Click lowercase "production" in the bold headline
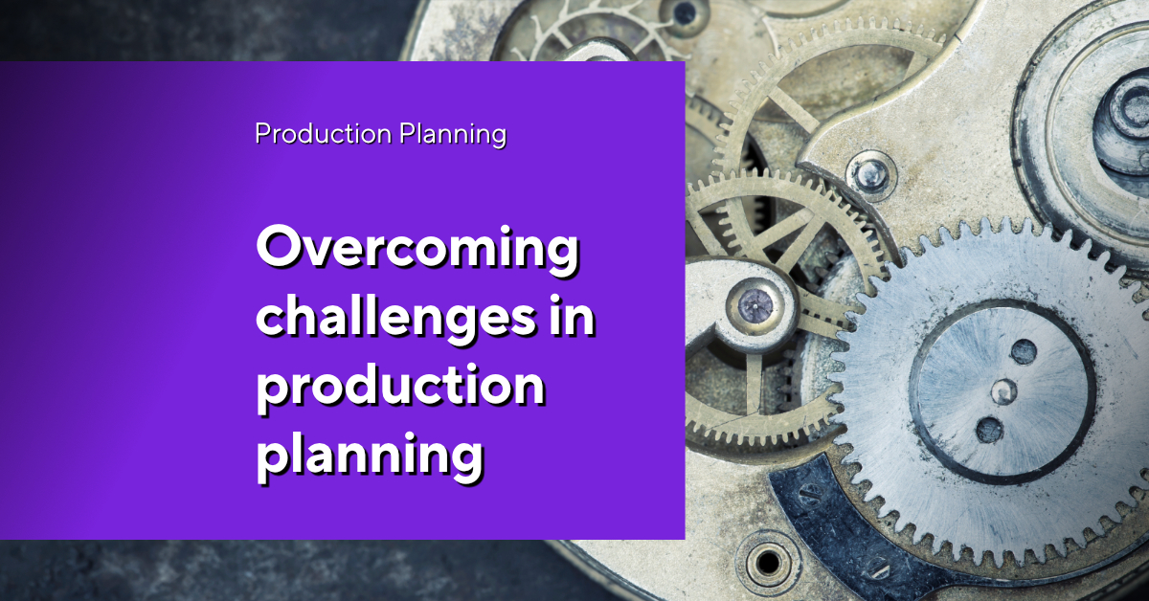400,389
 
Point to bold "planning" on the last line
370,456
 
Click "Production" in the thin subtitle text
324,133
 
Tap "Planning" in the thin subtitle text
453,134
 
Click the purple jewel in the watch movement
755,304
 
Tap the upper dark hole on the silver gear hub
1023,352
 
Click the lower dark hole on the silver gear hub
989,430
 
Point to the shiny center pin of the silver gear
1003,391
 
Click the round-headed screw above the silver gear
870,176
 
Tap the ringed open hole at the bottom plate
768,563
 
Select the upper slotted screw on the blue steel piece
806,492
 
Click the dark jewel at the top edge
684,13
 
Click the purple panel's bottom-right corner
685,539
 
